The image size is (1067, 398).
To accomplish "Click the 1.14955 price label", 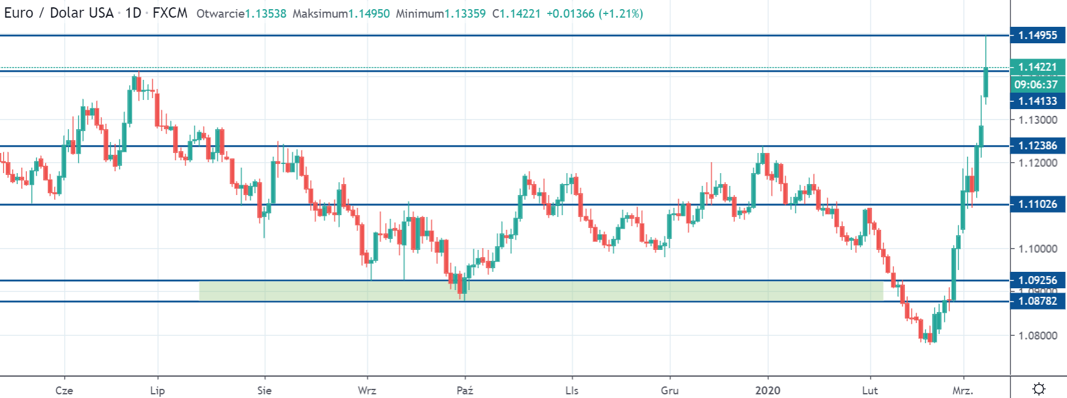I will (x=1037, y=35).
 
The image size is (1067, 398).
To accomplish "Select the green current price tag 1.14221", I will (x=1037, y=67).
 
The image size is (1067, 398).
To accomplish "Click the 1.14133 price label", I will (x=1037, y=101).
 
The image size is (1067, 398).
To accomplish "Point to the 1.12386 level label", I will (x=1037, y=146).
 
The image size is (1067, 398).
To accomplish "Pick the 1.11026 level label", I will (x=1037, y=204).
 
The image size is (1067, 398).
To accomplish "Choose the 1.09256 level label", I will (x=1037, y=280).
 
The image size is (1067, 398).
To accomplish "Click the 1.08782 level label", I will (x=1037, y=301).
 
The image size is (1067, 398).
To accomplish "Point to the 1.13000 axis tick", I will (x=1038, y=120).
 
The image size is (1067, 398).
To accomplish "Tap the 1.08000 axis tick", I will (x=1038, y=336).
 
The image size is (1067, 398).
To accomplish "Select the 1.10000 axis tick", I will (x=1038, y=249).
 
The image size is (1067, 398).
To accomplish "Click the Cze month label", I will (x=64, y=391).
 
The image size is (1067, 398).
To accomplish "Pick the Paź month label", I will (x=464, y=391).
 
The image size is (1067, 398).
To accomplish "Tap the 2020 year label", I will (x=767, y=391).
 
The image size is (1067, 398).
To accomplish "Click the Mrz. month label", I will (x=963, y=391).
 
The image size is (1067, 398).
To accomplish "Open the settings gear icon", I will (x=1039, y=389).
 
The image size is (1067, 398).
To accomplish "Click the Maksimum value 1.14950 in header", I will (x=369, y=13).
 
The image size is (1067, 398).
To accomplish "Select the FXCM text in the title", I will (x=170, y=13).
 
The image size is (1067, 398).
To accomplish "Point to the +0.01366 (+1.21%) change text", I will (x=595, y=13).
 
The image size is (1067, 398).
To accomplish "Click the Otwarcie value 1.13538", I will (x=266, y=13).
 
